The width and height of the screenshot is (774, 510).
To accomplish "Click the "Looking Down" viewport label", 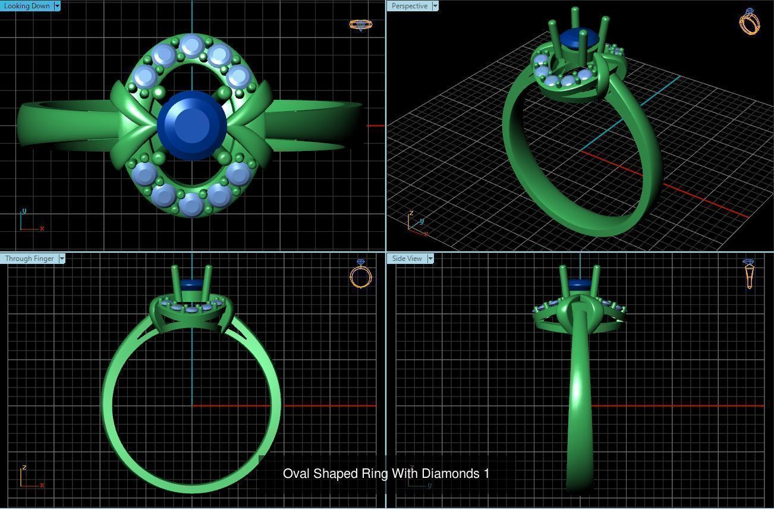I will pos(27,6).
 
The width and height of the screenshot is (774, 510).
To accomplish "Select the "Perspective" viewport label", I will pos(409,6).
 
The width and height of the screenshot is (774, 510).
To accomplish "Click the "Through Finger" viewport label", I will pos(29,259).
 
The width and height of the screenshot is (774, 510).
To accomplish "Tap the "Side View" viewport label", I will pos(407,259).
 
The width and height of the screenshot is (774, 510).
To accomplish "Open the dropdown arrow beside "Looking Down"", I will pos(57,6).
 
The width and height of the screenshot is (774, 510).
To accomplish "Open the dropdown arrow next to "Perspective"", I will pos(435,6).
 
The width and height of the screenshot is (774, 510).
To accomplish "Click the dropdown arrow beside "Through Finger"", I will pos(62,259).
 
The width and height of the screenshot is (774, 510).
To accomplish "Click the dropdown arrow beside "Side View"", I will pos(430,259).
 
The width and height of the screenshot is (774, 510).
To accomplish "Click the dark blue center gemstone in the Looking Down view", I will pos(192,125).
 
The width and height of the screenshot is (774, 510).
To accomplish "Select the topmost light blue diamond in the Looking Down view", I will pos(191,46).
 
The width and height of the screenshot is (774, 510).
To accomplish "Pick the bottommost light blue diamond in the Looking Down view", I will pos(191,204).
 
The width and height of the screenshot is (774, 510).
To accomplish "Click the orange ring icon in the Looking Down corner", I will pos(360,24).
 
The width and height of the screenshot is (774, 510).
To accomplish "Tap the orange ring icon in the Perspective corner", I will pos(750,21).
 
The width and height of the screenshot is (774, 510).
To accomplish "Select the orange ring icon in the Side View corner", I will pos(748,273).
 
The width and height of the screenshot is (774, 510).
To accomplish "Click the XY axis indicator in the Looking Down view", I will pos(30,221).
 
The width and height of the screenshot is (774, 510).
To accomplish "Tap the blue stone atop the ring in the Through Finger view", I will pos(191,284).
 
